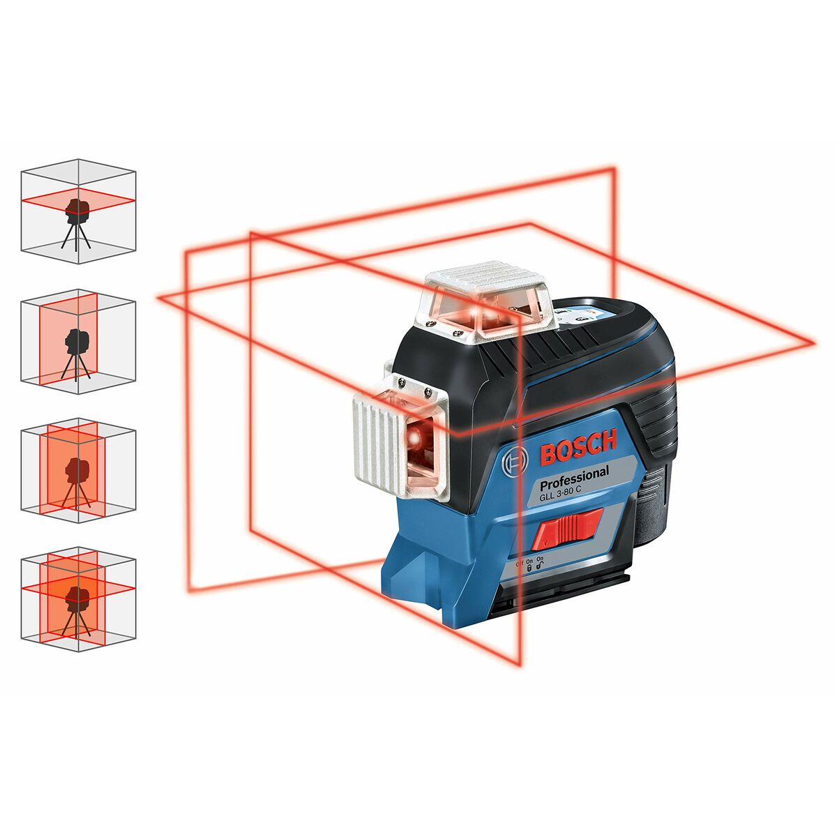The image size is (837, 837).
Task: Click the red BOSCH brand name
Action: coord(579,448)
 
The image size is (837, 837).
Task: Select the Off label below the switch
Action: coord(519,561)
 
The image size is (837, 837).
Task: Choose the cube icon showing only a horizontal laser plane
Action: coord(77,211)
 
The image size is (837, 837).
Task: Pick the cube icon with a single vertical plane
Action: coord(77,342)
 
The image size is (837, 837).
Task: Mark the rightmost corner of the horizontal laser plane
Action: coord(813,342)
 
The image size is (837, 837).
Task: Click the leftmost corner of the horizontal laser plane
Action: coord(160,299)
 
